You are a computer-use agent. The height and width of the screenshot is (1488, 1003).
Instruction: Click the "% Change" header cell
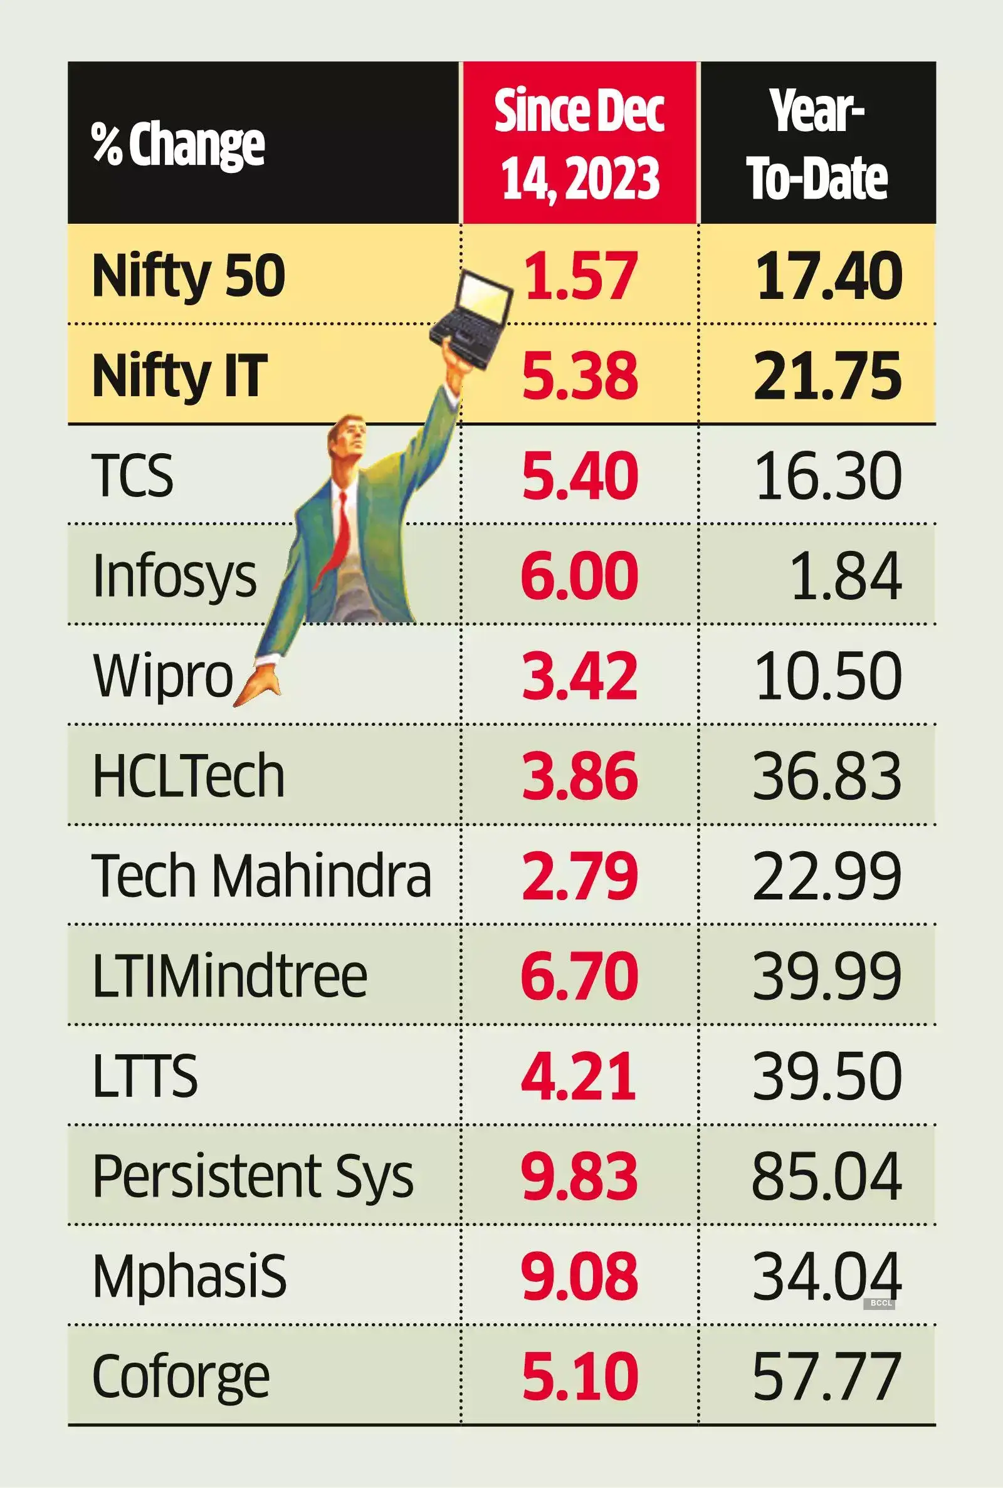point(178,145)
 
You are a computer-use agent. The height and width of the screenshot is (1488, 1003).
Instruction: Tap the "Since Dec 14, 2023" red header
point(579,144)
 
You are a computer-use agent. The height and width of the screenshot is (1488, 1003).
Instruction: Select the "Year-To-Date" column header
point(818,144)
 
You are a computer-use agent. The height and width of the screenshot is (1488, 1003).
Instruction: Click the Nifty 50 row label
point(189,275)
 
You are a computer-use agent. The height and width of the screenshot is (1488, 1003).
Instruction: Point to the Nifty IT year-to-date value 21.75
point(827,375)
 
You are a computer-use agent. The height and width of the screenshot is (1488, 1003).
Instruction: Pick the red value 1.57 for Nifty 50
point(579,275)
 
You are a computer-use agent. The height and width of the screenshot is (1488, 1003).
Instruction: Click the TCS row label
point(133,475)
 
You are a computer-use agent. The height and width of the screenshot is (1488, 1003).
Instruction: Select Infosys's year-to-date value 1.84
point(846,575)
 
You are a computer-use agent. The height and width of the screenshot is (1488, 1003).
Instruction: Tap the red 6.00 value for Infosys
point(579,575)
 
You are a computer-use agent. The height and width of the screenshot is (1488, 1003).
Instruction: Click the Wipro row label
point(163,676)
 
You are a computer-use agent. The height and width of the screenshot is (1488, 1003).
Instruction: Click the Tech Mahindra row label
point(261,876)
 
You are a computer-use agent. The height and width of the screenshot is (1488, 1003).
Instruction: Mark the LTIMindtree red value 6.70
point(579,975)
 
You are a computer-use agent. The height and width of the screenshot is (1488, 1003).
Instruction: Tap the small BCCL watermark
point(881,1302)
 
